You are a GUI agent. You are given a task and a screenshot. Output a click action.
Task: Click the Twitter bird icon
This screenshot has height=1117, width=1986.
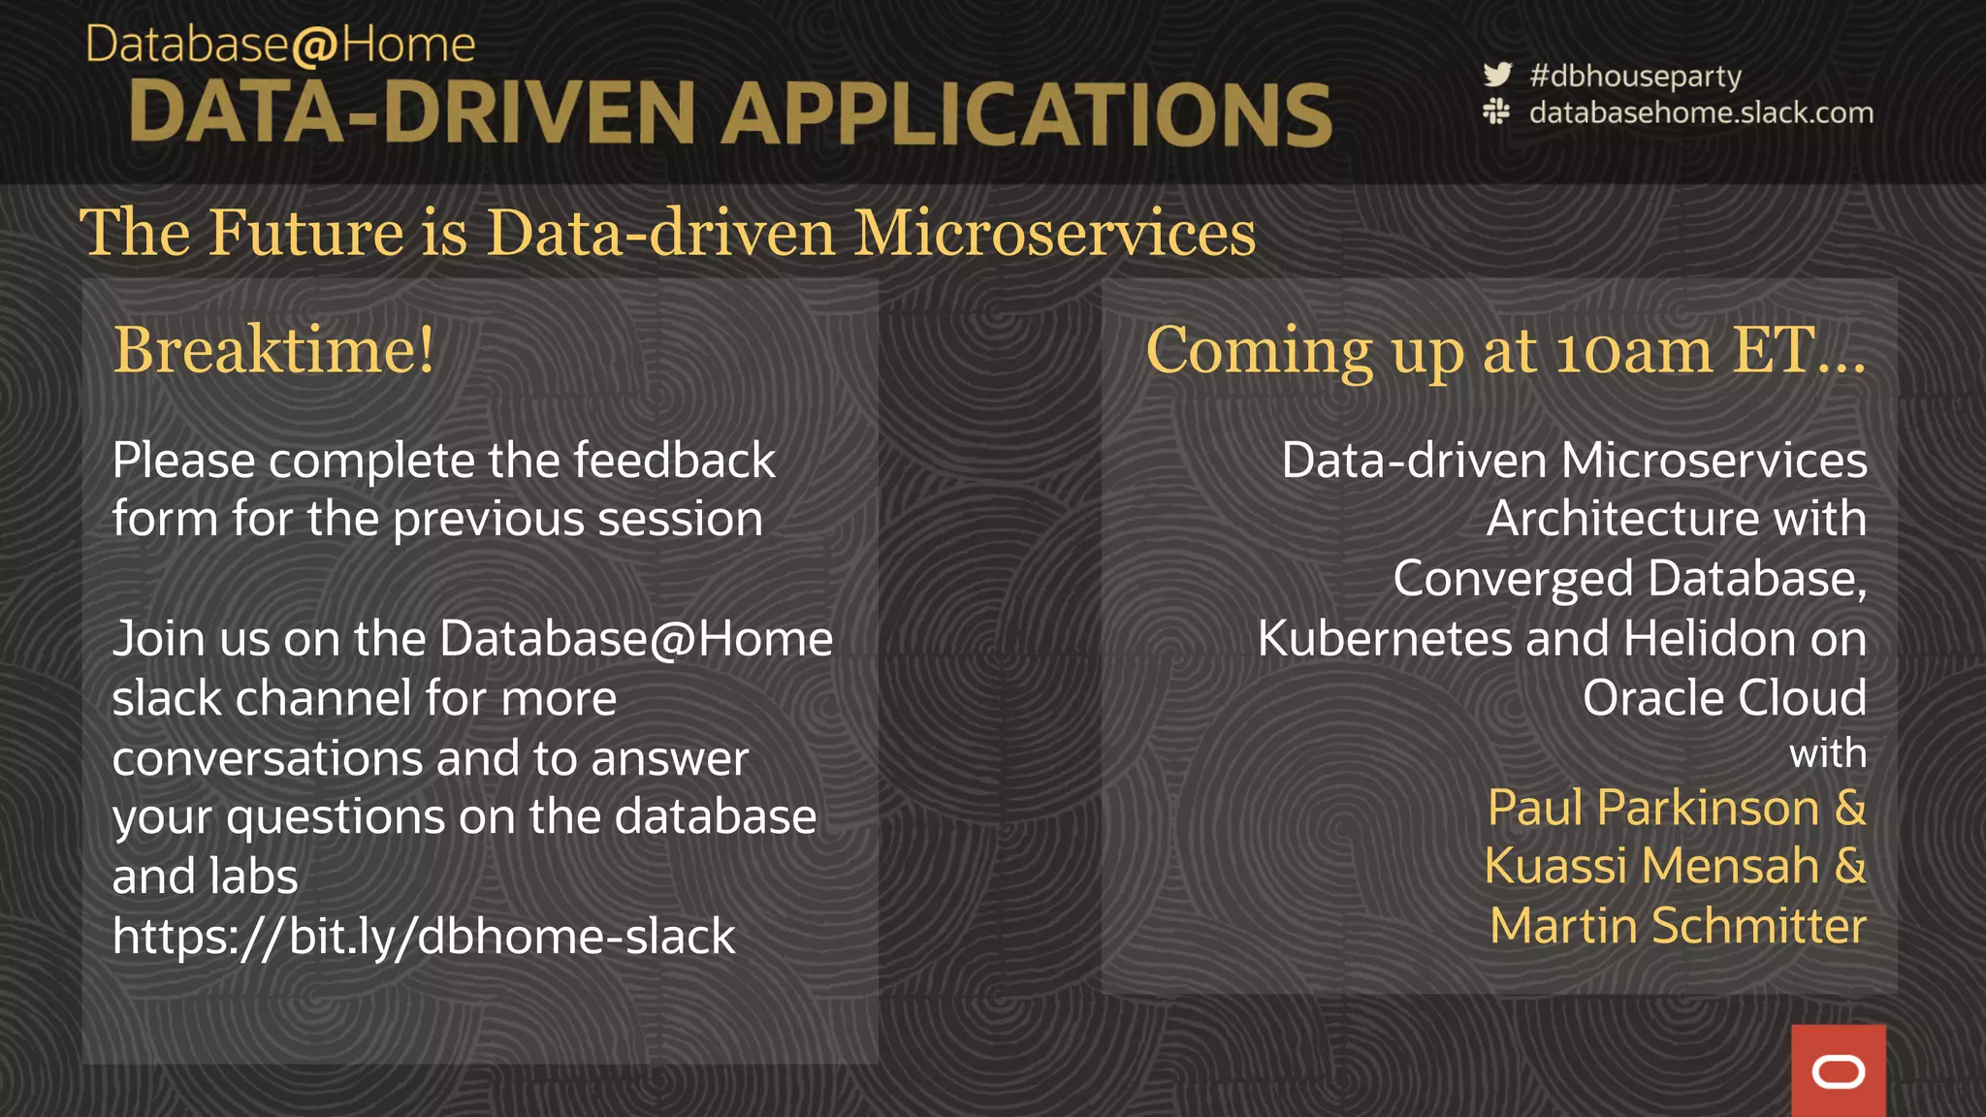(x=1497, y=75)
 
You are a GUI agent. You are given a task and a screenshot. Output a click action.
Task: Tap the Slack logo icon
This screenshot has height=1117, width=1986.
(x=1496, y=112)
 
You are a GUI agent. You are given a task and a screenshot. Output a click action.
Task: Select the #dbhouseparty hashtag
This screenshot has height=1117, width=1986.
(x=1635, y=76)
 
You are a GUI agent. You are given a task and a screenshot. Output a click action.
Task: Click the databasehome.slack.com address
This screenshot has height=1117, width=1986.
(x=1701, y=112)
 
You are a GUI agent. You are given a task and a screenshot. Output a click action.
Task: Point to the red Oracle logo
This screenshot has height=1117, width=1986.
(x=1838, y=1071)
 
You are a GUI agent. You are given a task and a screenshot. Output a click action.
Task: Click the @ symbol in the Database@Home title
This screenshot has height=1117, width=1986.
(x=312, y=47)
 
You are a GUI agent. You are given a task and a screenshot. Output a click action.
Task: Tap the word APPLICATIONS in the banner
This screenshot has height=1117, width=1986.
(x=1026, y=114)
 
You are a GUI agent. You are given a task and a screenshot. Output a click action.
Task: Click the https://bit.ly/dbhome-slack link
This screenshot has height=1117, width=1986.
(x=424, y=937)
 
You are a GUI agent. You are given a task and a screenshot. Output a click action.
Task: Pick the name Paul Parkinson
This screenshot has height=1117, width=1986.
(x=1653, y=808)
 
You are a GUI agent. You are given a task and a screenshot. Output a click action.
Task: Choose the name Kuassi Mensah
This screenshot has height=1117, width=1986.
(x=1651, y=866)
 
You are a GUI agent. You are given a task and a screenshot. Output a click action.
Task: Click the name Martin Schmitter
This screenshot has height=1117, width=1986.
(x=1678, y=926)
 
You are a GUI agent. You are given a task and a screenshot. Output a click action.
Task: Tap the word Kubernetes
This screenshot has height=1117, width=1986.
(x=1384, y=639)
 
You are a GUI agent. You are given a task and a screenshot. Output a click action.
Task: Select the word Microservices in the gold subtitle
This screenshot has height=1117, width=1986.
(x=1054, y=234)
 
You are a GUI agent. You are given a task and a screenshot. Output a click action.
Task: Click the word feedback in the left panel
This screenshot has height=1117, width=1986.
(x=674, y=460)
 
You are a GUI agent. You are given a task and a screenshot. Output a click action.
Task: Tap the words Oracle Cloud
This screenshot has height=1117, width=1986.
(x=1724, y=698)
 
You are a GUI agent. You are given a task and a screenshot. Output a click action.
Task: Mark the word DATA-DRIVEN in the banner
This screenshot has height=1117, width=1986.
(x=413, y=114)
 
